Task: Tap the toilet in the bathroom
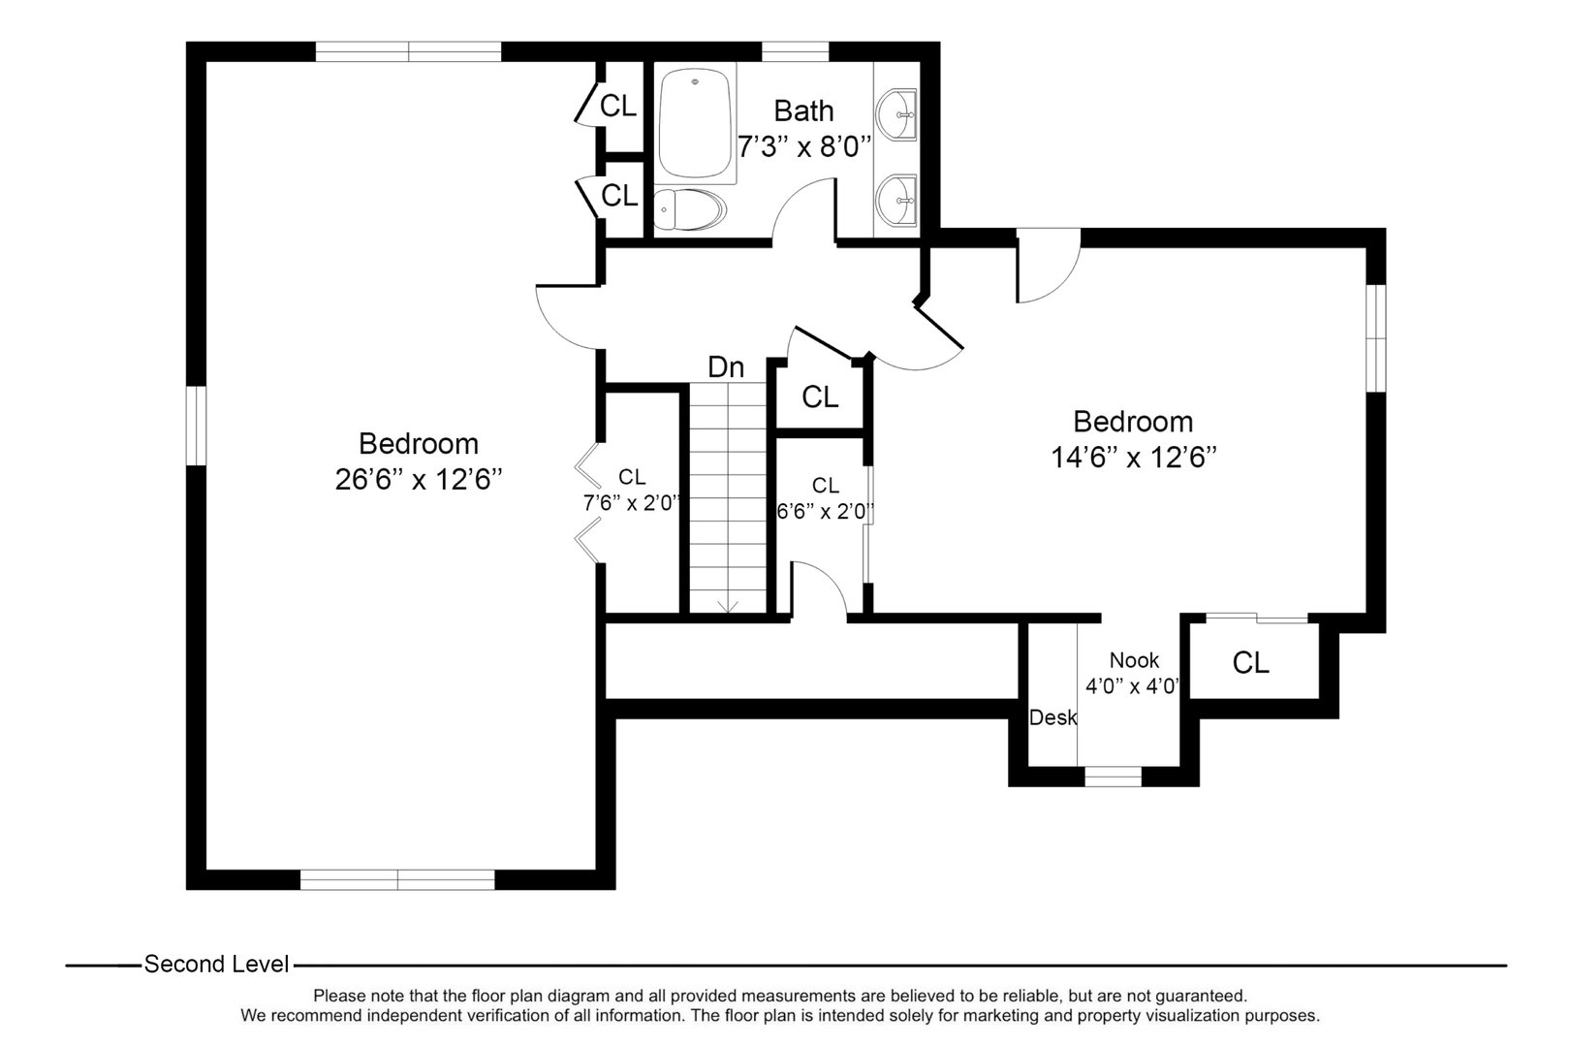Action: click(689, 209)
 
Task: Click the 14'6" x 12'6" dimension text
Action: click(1133, 457)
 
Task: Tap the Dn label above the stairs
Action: click(726, 367)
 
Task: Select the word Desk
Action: click(1052, 718)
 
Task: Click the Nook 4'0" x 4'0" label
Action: click(1133, 674)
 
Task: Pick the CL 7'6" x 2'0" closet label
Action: click(632, 490)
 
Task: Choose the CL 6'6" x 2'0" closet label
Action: click(826, 497)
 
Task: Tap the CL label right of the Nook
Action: click(1250, 663)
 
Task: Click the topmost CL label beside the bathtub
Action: click(619, 106)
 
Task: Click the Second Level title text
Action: click(216, 965)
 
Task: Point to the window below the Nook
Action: click(1113, 777)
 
